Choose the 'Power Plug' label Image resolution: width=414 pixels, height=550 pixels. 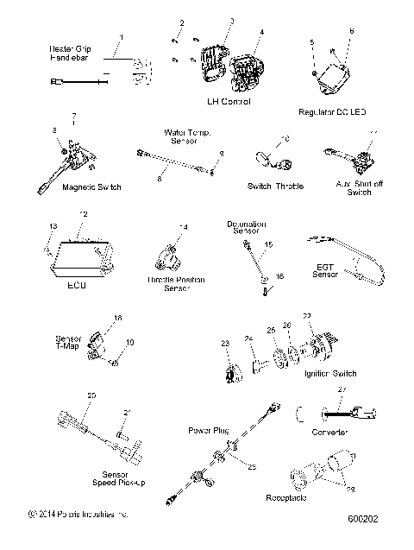[x=207, y=428]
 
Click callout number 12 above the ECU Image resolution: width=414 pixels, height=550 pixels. [x=83, y=213]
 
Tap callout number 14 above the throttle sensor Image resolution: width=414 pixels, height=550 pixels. [x=182, y=227]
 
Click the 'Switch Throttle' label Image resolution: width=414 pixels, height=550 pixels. [x=272, y=186]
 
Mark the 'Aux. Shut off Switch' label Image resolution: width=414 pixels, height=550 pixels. [x=354, y=188]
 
